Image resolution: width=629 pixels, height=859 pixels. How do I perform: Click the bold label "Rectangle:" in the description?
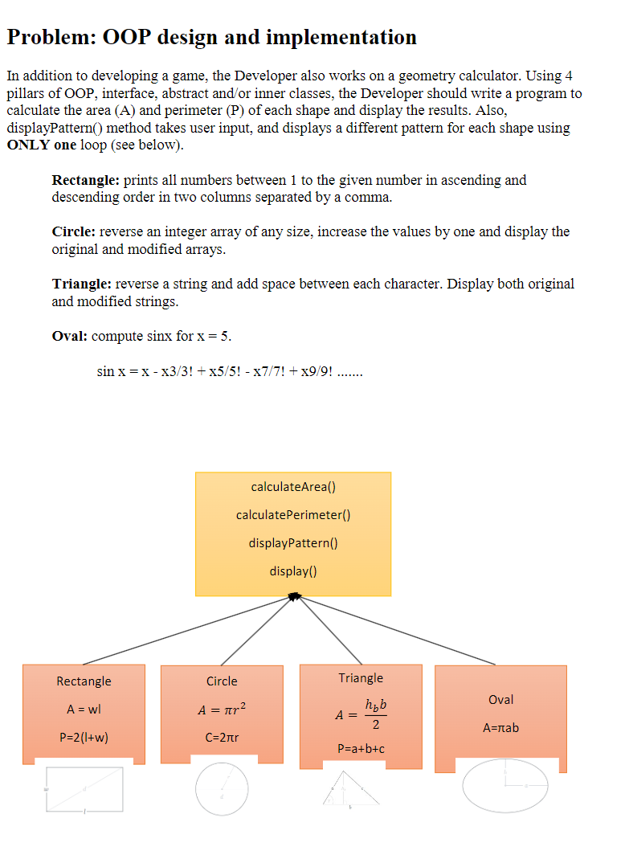point(86,180)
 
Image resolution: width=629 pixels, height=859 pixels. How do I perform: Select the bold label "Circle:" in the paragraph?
point(74,231)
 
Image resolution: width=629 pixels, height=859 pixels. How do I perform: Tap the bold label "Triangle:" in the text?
point(82,284)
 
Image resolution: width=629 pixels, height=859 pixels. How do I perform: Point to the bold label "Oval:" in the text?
point(69,336)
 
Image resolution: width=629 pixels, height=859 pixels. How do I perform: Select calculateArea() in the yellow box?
point(293,486)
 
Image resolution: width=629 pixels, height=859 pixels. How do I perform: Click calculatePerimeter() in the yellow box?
point(293,514)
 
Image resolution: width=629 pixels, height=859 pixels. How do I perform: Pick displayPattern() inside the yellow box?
point(293,542)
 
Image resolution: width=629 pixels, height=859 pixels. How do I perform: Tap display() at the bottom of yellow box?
point(293,571)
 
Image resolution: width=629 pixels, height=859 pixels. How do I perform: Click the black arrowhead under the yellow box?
point(293,597)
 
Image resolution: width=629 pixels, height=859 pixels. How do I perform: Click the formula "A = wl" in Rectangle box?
point(84,710)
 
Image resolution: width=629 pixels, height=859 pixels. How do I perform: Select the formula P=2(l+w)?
point(84,738)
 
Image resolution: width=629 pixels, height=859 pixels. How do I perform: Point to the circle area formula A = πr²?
point(222,710)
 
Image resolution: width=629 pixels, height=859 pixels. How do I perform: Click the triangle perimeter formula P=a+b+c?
point(361,749)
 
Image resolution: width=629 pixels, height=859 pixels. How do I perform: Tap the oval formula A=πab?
point(500,728)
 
